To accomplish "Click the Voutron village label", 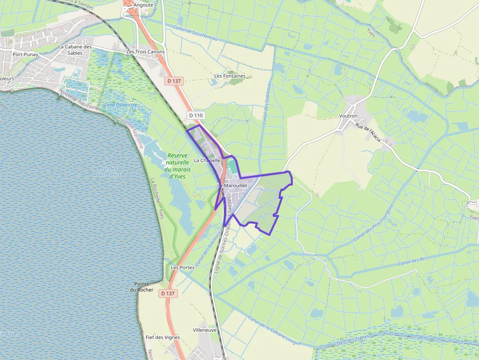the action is point(348,116).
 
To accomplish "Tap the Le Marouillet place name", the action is point(232,186).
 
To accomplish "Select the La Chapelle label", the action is point(208,160).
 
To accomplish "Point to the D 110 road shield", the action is point(195,115).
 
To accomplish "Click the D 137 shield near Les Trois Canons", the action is point(174,81).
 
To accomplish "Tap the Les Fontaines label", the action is point(230,76).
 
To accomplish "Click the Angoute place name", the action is point(144,5).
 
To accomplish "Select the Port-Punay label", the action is point(25,55).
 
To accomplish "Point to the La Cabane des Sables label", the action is point(75,50).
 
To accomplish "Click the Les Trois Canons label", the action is point(146,51).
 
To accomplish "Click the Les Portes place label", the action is point(183,268).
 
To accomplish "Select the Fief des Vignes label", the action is point(163,338).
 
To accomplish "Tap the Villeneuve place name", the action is point(205,330).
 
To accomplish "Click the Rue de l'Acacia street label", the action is point(369,131).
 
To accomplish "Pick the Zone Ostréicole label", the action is point(121,105).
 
